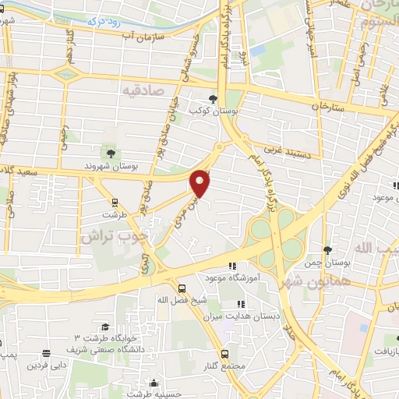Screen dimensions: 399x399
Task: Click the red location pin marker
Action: (x=201, y=183)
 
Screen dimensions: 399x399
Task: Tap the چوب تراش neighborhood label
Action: (x=109, y=235)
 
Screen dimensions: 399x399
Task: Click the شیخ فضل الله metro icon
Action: (x=181, y=287)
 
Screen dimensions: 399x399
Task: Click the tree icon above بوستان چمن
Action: (x=327, y=249)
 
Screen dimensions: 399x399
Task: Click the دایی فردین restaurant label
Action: (x=48, y=364)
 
